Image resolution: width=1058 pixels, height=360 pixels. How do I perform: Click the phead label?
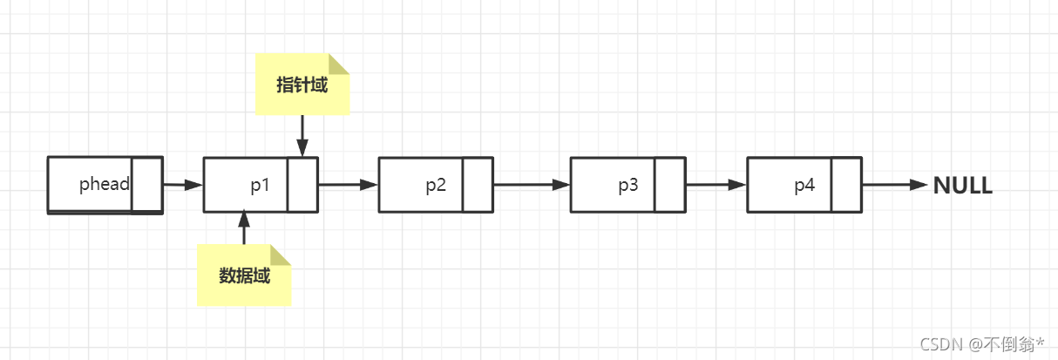[x=104, y=185]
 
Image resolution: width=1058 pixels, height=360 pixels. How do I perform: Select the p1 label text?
[x=261, y=185]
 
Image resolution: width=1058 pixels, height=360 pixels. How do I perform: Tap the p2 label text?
[x=436, y=185]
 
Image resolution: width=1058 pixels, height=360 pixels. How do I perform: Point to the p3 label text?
[x=628, y=185]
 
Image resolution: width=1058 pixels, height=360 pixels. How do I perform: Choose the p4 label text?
[x=804, y=185]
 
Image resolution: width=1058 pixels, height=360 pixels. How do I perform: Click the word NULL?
[x=962, y=186]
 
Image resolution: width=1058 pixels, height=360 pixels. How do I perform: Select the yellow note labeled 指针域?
[x=302, y=85]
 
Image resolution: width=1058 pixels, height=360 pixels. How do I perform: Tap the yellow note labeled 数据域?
[x=244, y=275]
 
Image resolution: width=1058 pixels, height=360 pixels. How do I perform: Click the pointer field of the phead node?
[x=146, y=185]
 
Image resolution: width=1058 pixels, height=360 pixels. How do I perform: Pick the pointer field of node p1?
[x=302, y=185]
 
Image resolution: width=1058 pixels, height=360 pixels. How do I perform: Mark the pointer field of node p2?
[x=478, y=185]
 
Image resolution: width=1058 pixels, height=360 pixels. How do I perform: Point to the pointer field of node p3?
[x=669, y=185]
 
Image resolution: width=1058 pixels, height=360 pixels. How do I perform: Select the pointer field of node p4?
[x=845, y=185]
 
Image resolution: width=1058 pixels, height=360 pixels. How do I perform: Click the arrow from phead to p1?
[x=182, y=185]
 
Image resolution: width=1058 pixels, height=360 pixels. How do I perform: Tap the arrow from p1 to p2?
[x=348, y=185]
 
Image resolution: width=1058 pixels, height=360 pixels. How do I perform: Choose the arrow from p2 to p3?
[x=531, y=185]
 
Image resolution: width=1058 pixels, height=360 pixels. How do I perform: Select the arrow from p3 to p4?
[x=716, y=185]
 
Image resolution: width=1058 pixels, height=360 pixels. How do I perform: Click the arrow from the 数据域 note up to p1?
[x=244, y=228]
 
